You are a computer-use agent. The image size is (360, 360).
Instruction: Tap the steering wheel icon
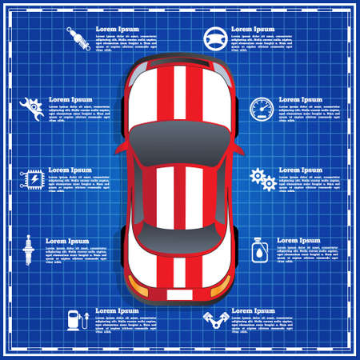tap(214, 37)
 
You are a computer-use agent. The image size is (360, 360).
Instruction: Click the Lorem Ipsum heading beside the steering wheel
tap(253, 29)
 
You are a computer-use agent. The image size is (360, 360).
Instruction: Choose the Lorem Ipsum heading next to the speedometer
tap(301, 100)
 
